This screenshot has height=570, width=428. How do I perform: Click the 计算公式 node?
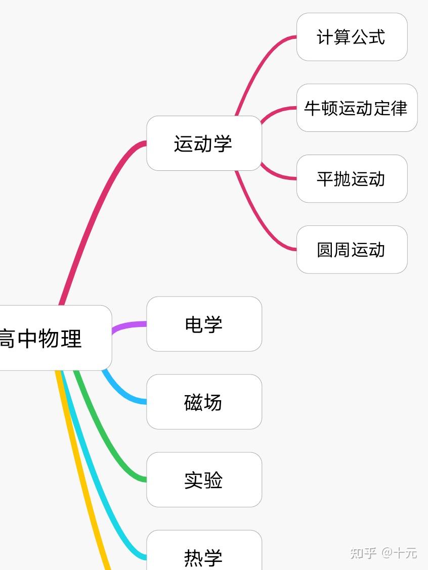pos(352,37)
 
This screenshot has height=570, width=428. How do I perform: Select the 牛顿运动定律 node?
pos(357,108)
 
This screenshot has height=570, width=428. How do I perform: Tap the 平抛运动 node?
pos(352,178)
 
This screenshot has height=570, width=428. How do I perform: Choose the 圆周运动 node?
pos(352,249)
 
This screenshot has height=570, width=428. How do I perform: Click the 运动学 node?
pos(204,143)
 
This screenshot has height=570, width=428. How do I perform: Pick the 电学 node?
pos(204,324)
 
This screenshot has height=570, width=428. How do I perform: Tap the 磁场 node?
pos(204,402)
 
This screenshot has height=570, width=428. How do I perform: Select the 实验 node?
pos(204,480)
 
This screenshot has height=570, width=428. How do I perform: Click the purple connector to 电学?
pos(129,325)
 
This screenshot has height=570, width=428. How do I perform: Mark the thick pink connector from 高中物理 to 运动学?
pos(96,212)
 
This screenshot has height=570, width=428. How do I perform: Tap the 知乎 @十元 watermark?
pos(383,552)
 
